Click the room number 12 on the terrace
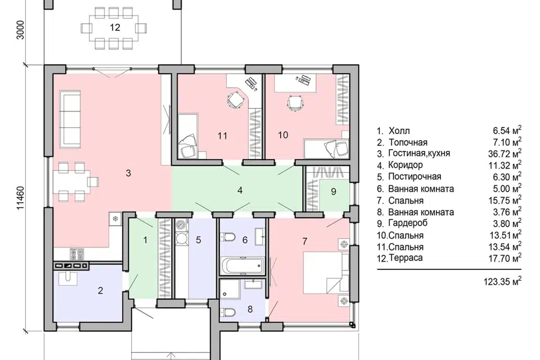[115, 28]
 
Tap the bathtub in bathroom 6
[243, 265]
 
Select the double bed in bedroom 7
[326, 273]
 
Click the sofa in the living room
[70, 119]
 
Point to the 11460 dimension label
[21, 198]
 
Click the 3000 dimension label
[21, 30]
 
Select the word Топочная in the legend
[408, 142]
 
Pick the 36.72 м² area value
[505, 154]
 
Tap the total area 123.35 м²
[502, 281]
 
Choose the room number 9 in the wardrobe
[334, 192]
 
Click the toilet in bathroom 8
[228, 312]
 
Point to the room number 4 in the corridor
[240, 190]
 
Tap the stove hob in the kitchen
[77, 254]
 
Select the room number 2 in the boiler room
[100, 290]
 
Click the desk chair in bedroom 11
[235, 101]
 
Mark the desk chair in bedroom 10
[295, 103]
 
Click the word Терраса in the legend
[406, 258]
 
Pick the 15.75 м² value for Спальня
[505, 200]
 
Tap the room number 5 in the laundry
[199, 240]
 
